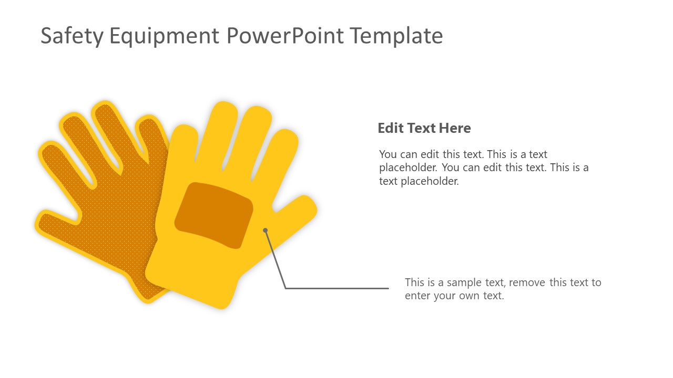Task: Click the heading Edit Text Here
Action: [424, 128]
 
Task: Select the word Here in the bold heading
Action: [456, 128]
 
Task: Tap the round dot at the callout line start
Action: [266, 230]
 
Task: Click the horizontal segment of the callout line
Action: [336, 288]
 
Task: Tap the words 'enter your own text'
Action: [454, 296]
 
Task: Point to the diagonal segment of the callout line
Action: [275, 258]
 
